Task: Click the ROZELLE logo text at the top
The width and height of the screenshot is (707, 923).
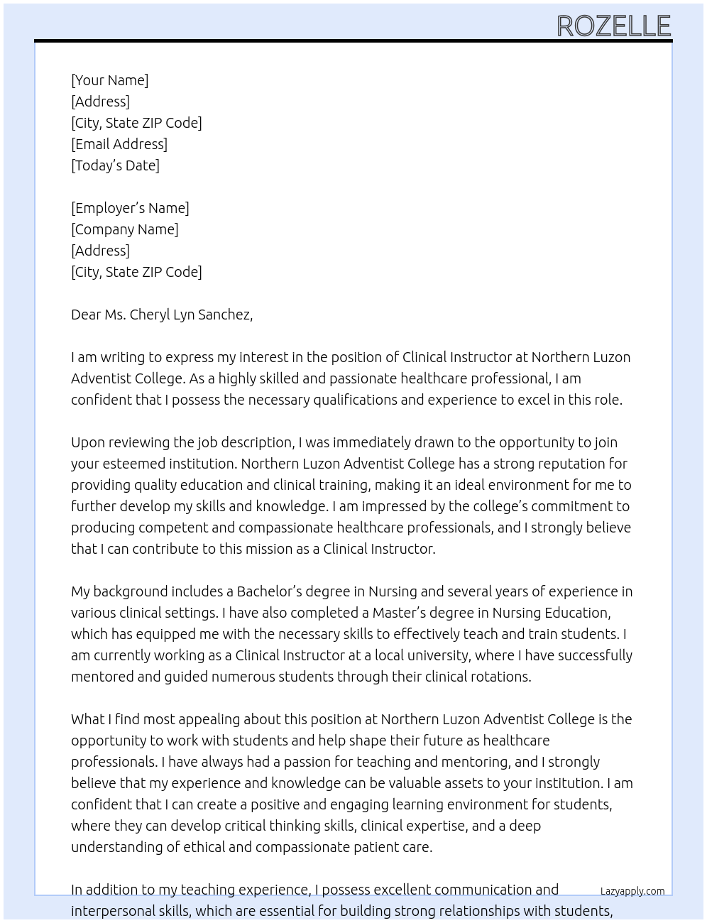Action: [613, 26]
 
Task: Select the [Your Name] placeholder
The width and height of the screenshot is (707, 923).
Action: [109, 80]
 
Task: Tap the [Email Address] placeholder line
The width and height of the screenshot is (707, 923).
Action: [119, 144]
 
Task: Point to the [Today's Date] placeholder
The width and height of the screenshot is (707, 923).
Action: [115, 165]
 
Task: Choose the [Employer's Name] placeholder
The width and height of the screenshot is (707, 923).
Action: [130, 208]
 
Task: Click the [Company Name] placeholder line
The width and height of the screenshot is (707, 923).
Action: [125, 229]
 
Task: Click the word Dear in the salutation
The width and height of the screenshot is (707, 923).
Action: [86, 315]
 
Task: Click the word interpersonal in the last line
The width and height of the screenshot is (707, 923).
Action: [115, 911]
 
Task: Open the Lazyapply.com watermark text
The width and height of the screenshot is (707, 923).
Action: [632, 891]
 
